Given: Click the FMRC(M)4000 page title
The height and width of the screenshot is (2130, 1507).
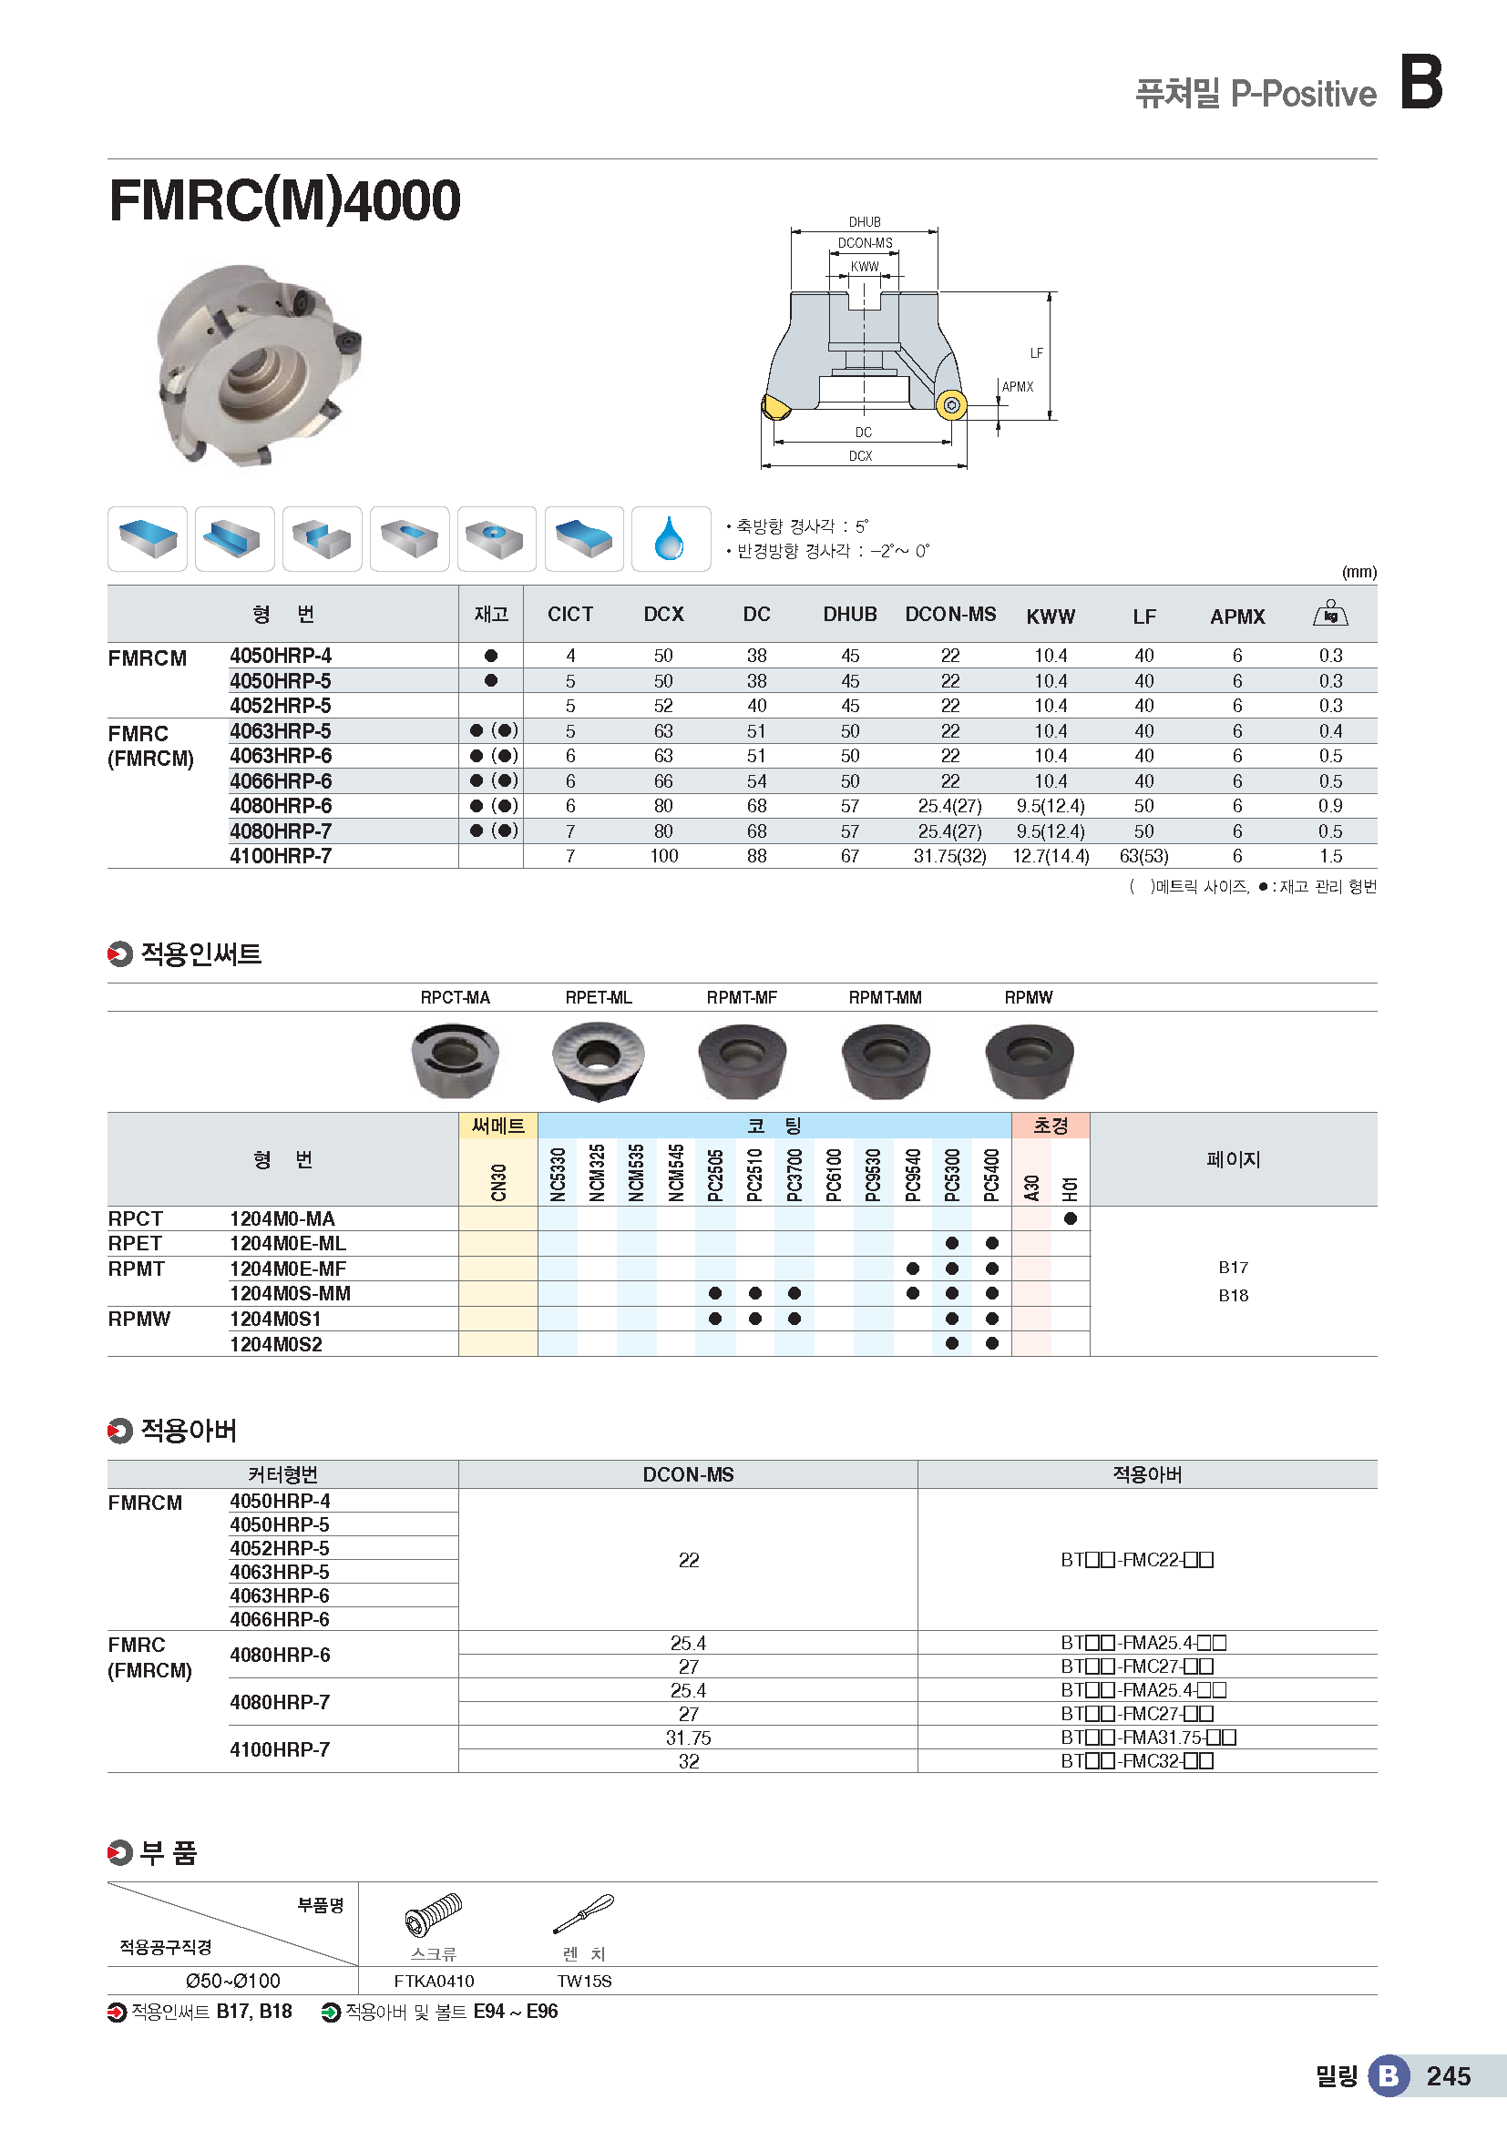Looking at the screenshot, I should [285, 200].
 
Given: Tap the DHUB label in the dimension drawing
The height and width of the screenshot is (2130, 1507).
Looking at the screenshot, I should [864, 222].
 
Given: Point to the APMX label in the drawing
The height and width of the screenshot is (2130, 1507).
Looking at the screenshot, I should [1018, 387].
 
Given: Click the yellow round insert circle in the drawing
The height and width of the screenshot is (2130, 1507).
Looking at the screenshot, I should [950, 405].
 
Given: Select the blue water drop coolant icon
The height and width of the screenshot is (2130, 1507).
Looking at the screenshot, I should [669, 539].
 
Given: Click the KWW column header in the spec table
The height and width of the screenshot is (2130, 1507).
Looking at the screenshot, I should [1051, 616].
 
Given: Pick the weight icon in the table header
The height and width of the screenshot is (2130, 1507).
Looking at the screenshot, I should [1329, 614].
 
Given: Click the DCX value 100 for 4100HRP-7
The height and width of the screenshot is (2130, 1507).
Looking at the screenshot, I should [663, 856].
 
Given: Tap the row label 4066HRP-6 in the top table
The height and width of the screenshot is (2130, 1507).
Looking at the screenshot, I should [281, 781].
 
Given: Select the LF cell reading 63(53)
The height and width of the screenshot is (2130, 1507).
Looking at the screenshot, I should [1143, 856].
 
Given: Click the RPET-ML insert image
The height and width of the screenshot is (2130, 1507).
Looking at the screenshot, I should [598, 1059].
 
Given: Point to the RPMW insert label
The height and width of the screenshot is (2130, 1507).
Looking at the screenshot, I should [1028, 997].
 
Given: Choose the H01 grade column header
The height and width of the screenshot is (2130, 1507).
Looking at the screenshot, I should [1071, 1187].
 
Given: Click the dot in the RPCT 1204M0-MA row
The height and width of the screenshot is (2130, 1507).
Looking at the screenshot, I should [1071, 1219].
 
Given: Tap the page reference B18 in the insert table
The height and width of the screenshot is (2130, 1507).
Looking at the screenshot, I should [1233, 1296].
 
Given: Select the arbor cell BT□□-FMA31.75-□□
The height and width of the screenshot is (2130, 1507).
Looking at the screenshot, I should [1148, 1738].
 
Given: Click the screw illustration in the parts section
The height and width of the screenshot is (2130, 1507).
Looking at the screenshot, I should [434, 1913].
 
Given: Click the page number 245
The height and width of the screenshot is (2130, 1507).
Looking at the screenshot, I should [1448, 2076].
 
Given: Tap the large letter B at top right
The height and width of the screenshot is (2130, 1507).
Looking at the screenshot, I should [1420, 82].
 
